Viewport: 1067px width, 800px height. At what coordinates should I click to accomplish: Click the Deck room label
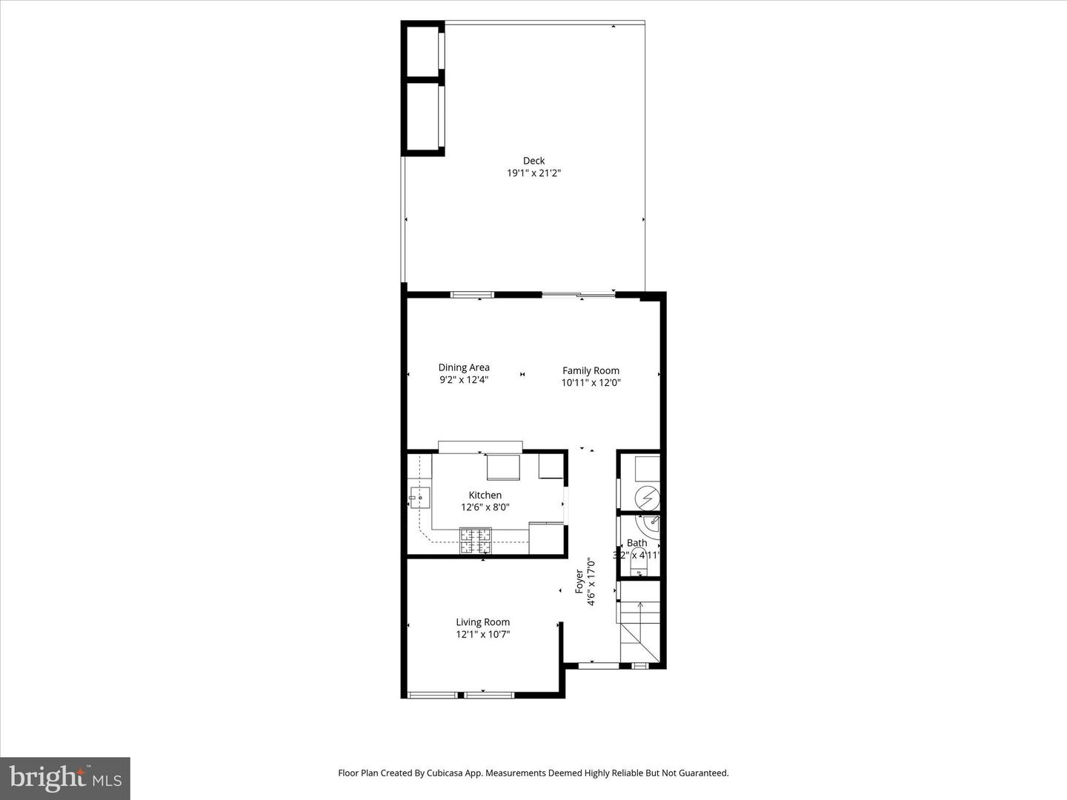click(533, 161)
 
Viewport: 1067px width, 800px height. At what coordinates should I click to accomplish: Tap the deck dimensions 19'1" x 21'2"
click(533, 173)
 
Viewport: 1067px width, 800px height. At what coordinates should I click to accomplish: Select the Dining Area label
click(464, 367)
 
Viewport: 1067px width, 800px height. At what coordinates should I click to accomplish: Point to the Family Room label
click(591, 370)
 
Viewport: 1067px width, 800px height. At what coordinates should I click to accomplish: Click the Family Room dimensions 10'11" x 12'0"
click(591, 383)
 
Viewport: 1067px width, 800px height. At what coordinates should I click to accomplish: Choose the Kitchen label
click(485, 495)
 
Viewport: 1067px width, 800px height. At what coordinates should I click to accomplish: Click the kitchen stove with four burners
click(475, 540)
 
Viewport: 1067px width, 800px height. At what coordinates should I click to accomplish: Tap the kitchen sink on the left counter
click(419, 498)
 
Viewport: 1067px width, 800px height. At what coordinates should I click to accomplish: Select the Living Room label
click(482, 622)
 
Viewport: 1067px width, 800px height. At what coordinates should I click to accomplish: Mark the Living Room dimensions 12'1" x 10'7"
click(482, 634)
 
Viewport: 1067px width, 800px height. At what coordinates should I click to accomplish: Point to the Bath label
click(636, 543)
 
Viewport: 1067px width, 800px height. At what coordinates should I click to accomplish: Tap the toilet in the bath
click(638, 568)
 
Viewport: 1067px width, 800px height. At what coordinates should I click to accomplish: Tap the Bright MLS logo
click(65, 778)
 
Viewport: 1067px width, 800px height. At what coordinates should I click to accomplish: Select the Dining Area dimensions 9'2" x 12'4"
click(464, 380)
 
